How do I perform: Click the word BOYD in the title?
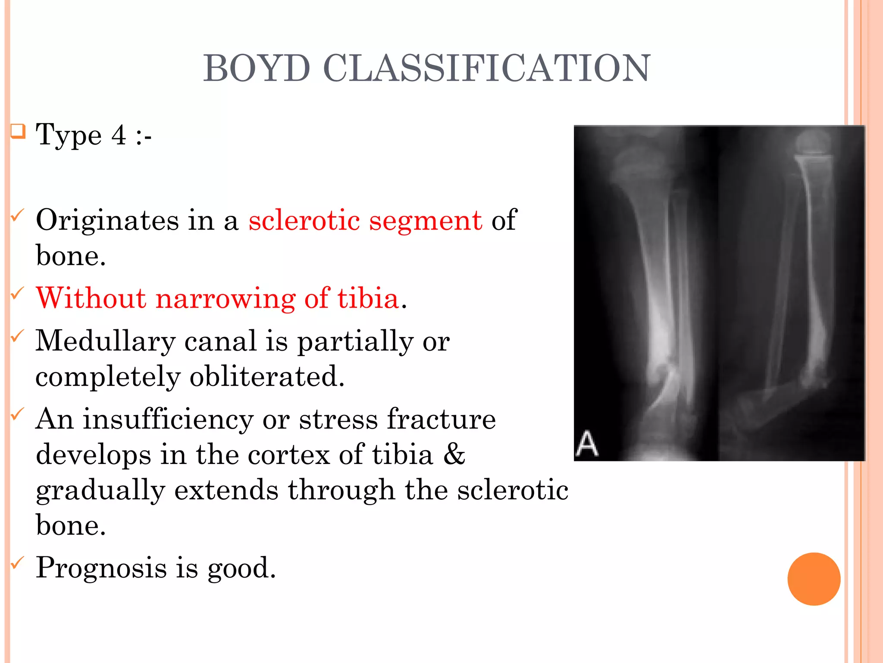coord(257,68)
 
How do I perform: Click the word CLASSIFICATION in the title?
coord(487,68)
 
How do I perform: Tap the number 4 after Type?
coord(119,135)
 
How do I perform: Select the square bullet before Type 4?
coord(18,131)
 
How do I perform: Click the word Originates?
coord(107,220)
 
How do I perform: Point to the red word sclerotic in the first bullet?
coord(304,220)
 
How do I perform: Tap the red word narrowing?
coord(225,299)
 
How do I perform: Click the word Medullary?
coord(105,341)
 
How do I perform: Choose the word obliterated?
coord(267,376)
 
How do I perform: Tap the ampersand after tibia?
coord(454,455)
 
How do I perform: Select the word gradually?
coord(100,491)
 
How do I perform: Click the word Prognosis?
coord(101,568)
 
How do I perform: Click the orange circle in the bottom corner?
coord(814,579)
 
